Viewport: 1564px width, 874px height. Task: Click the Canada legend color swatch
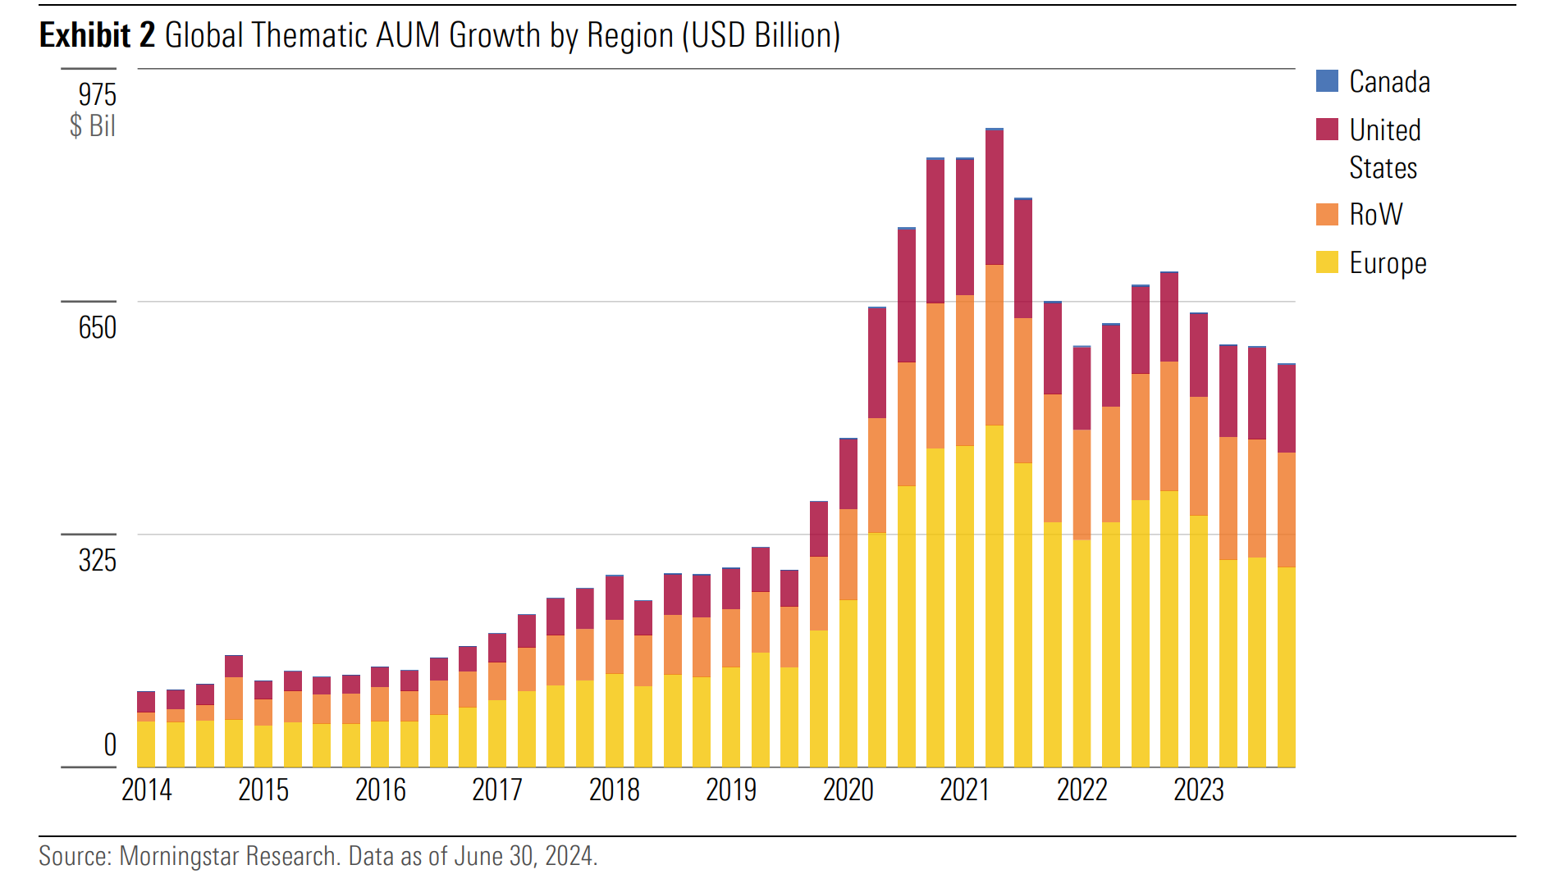point(1327,81)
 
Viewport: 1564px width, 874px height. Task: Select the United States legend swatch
point(1327,130)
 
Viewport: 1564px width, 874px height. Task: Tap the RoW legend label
point(1376,215)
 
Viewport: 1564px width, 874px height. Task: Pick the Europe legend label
point(1388,263)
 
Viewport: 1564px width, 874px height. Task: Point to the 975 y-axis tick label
point(97,95)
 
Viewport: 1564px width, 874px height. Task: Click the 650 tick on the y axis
point(97,328)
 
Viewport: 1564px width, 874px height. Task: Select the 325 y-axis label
point(97,561)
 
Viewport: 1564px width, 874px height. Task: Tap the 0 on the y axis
point(110,745)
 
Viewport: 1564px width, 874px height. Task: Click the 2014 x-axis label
point(147,790)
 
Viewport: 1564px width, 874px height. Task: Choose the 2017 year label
point(497,790)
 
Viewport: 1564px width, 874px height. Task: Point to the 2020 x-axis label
point(848,790)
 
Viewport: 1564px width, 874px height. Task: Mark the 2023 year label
point(1198,790)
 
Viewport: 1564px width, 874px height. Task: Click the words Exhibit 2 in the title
point(97,35)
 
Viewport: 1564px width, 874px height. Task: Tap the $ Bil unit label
point(92,126)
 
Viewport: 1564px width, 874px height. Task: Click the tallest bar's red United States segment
point(994,197)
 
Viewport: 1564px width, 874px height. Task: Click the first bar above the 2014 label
point(146,730)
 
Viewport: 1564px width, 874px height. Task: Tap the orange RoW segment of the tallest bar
point(994,344)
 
